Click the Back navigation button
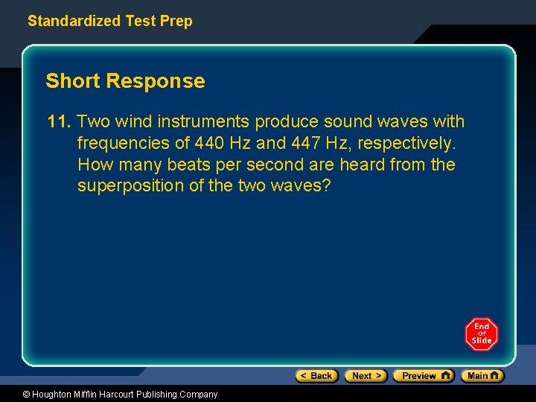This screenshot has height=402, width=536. coord(316,376)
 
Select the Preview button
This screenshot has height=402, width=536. coord(423,376)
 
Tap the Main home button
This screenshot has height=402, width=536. coord(482,376)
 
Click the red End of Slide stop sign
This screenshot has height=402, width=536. coord(482,334)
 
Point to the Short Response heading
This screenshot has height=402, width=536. coord(125,81)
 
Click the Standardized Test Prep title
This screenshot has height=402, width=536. coord(109,21)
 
